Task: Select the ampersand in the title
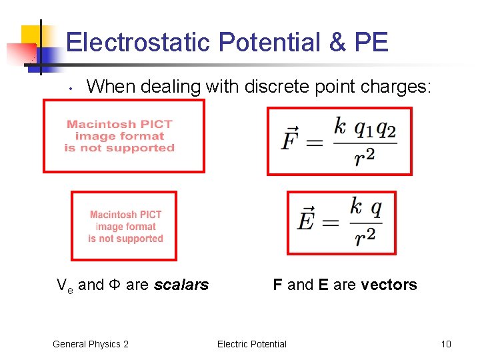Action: (x=338, y=43)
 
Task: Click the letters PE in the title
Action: (x=371, y=43)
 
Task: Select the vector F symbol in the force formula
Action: (x=291, y=140)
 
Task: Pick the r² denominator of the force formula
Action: (x=365, y=157)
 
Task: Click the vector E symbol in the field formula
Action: (x=306, y=219)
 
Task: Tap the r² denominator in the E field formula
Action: (x=365, y=235)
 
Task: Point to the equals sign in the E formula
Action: (x=330, y=222)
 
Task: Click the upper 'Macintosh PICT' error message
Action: (x=120, y=136)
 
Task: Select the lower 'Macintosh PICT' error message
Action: (x=125, y=227)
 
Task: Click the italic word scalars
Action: (x=181, y=285)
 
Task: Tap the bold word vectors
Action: (x=389, y=285)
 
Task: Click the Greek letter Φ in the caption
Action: (x=115, y=285)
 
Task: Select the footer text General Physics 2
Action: (x=91, y=344)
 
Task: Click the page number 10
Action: (x=446, y=344)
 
